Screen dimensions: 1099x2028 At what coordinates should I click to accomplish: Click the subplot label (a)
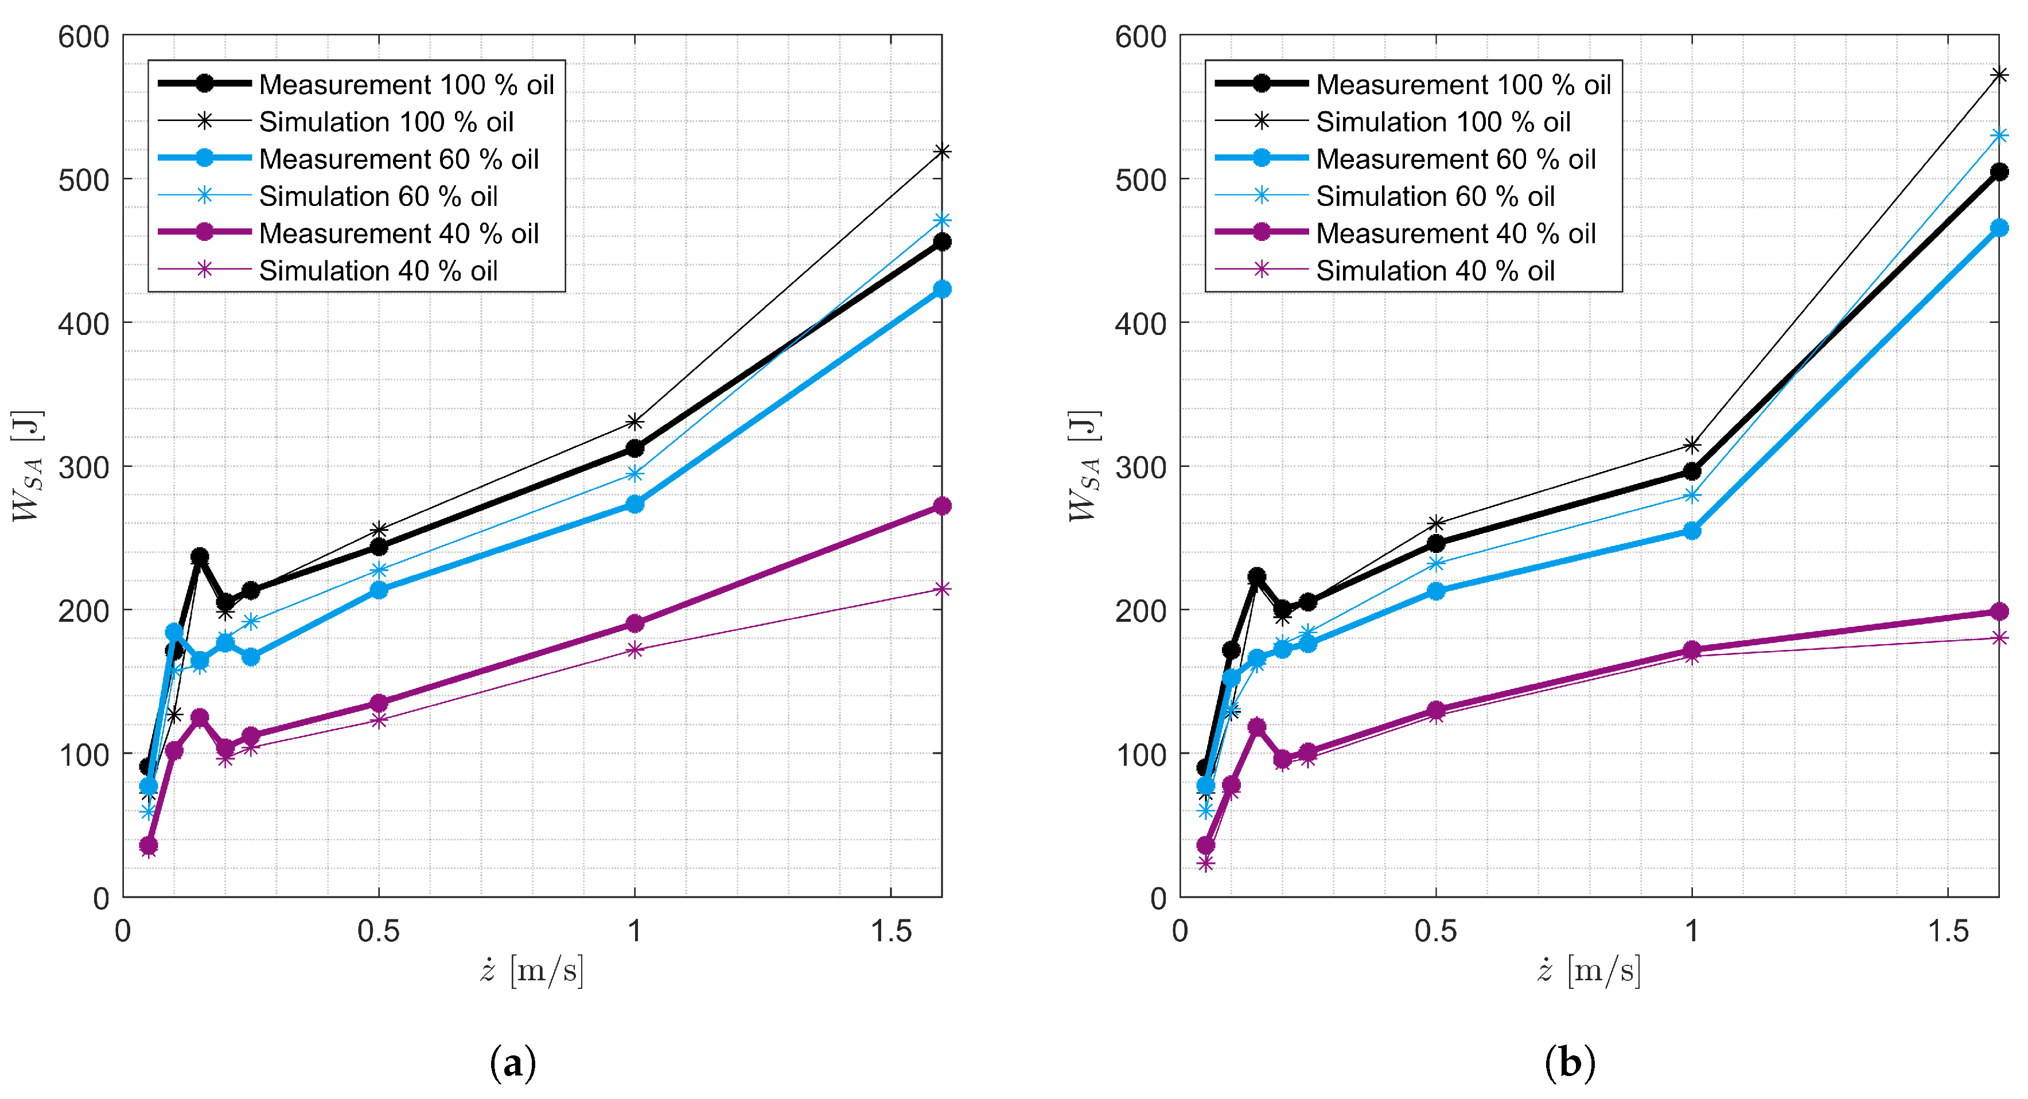(x=512, y=1063)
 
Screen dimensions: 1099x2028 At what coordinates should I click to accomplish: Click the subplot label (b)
(x=1569, y=1063)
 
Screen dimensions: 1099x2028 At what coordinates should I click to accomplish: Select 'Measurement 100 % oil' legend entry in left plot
(x=406, y=84)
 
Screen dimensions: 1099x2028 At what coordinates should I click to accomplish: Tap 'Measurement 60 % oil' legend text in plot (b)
(x=1455, y=159)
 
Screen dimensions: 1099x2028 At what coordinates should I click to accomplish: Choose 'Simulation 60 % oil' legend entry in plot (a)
(x=378, y=196)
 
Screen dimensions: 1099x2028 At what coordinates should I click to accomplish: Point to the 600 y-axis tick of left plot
(x=83, y=37)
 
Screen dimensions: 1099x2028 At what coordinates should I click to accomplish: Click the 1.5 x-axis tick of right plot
(x=1947, y=932)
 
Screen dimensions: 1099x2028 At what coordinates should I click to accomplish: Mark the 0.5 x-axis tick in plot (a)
(x=379, y=932)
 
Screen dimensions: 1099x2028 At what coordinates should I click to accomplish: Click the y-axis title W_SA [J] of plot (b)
(x=1084, y=466)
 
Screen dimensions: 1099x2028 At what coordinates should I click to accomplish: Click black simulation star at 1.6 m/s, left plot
(x=941, y=151)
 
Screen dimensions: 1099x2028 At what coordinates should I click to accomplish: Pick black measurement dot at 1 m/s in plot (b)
(x=1691, y=471)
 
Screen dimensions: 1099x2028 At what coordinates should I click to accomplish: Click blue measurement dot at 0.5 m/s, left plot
(x=379, y=590)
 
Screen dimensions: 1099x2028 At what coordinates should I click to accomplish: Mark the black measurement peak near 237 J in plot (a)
(x=200, y=556)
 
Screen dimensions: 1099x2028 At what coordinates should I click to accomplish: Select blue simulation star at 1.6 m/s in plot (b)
(x=1998, y=135)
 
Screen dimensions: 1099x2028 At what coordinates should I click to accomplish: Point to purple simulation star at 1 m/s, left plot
(x=635, y=649)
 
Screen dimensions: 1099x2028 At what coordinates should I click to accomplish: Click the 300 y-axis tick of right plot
(x=1140, y=467)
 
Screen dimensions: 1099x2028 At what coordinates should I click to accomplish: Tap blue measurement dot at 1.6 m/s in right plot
(x=1998, y=228)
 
